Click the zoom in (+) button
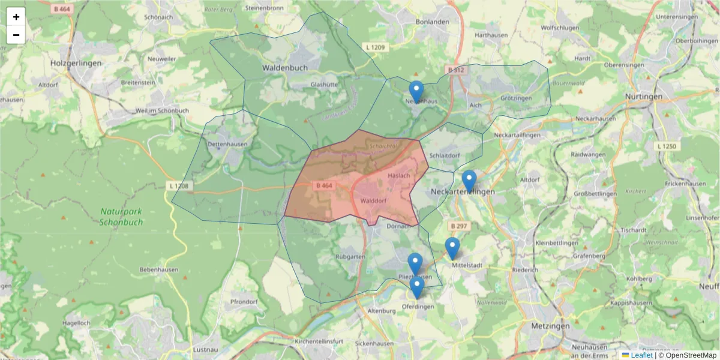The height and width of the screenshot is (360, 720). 16,17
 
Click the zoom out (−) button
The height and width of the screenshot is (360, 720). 16,35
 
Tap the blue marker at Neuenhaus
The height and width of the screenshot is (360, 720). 416,92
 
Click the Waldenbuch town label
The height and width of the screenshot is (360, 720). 284,68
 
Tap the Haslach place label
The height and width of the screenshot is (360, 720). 399,175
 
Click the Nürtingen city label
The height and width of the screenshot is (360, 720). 644,96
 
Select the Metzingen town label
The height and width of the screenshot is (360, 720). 550,326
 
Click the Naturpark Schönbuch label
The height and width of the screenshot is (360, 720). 122,216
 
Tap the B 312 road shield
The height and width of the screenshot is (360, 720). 455,70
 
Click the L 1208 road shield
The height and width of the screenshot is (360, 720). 179,187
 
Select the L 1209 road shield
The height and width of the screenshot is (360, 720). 376,47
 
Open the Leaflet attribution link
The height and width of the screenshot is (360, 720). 641,355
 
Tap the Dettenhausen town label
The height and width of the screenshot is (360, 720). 227,145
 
